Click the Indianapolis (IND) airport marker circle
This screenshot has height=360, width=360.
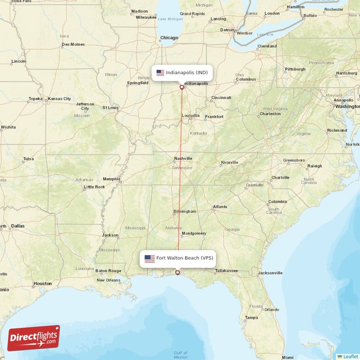[x=182, y=87]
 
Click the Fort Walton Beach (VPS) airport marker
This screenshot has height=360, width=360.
[x=178, y=273]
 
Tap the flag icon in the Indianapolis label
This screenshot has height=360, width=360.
[x=160, y=72]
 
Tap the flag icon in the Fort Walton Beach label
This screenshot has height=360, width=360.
[x=149, y=259]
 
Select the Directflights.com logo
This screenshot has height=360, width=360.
[x=34, y=338]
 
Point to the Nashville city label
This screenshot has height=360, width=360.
[x=183, y=158]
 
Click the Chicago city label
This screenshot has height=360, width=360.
[x=169, y=38]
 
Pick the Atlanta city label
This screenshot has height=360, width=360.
[x=220, y=207]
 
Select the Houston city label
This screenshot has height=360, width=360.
[x=42, y=283]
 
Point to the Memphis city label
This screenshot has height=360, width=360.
[x=112, y=179]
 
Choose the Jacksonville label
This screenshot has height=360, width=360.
[x=270, y=273]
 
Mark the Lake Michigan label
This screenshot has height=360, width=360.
[x=171, y=19]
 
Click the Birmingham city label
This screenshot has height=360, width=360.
[x=185, y=211]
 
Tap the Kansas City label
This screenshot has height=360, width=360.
[x=59, y=99]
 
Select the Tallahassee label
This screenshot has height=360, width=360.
[x=226, y=271]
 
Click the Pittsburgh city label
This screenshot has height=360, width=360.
[x=295, y=69]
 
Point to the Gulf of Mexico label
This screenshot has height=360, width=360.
[x=180, y=355]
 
